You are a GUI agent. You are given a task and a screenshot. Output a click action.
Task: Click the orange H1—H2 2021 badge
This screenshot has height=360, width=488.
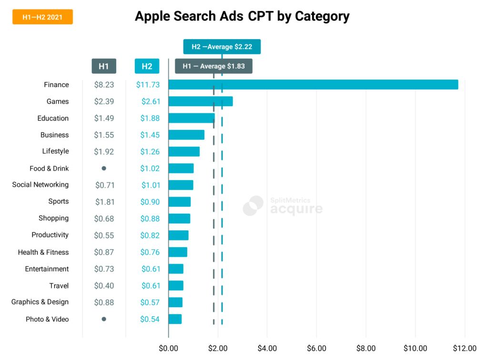pos(42,17)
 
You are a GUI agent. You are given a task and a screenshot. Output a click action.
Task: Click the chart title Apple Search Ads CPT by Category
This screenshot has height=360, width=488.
pos(242,16)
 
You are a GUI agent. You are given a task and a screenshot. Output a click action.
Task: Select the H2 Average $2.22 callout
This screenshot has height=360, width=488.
pos(222,47)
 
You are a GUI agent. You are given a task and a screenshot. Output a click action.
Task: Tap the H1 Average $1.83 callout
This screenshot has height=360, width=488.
pos(213,66)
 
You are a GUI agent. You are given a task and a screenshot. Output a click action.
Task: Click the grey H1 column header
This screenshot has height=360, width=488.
pos(103,66)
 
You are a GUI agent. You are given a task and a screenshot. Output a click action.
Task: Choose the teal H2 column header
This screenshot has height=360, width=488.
pos(147,66)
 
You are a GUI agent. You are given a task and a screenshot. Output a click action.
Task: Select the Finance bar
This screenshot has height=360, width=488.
pos(313,85)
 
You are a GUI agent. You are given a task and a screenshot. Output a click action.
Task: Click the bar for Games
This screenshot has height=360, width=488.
pos(201,101)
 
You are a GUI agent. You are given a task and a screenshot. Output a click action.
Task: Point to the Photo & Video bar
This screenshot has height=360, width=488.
pos(175,319)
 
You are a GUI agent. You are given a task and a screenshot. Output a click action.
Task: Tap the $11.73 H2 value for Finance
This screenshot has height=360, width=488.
pos(148,85)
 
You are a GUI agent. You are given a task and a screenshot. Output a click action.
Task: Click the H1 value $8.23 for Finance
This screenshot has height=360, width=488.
pos(104,85)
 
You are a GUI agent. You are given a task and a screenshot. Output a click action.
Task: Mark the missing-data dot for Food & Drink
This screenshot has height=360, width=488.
pos(104,168)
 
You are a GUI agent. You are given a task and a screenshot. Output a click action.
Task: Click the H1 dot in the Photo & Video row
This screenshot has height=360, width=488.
pos(104,319)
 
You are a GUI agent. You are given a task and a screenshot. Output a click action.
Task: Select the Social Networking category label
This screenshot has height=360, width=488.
pos(41,185)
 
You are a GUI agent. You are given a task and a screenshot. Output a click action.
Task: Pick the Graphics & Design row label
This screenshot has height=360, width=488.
pos(40,302)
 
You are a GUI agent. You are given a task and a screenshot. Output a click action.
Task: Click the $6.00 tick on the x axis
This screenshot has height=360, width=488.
pos(316,348)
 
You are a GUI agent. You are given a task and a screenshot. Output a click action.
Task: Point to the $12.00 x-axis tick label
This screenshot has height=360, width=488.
pos(465,348)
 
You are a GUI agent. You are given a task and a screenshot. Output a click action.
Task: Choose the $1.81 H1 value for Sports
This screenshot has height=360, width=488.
pos(104,201)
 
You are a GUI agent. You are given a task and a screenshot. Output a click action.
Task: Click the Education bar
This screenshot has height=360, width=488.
pos(192,118)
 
